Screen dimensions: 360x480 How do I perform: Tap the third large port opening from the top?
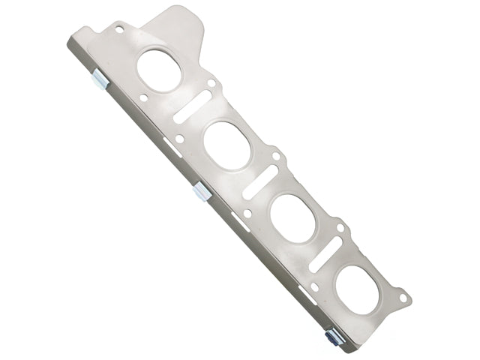point(291,217)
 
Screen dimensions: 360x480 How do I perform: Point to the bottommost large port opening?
point(357,286)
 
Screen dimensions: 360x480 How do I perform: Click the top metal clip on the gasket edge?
point(100,82)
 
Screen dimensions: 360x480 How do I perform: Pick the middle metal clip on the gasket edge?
point(200,193)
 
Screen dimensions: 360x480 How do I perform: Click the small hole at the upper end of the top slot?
point(211,84)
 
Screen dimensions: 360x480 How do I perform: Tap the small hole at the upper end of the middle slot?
point(276,156)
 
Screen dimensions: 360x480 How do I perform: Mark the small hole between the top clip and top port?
point(144,97)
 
